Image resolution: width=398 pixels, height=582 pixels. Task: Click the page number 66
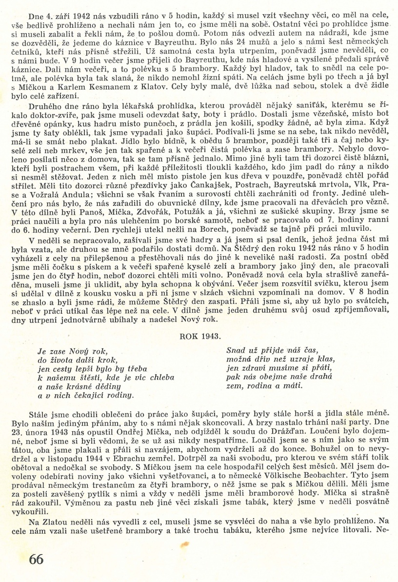pos(36,559)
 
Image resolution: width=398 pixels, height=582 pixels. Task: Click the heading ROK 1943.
pos(200,337)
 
